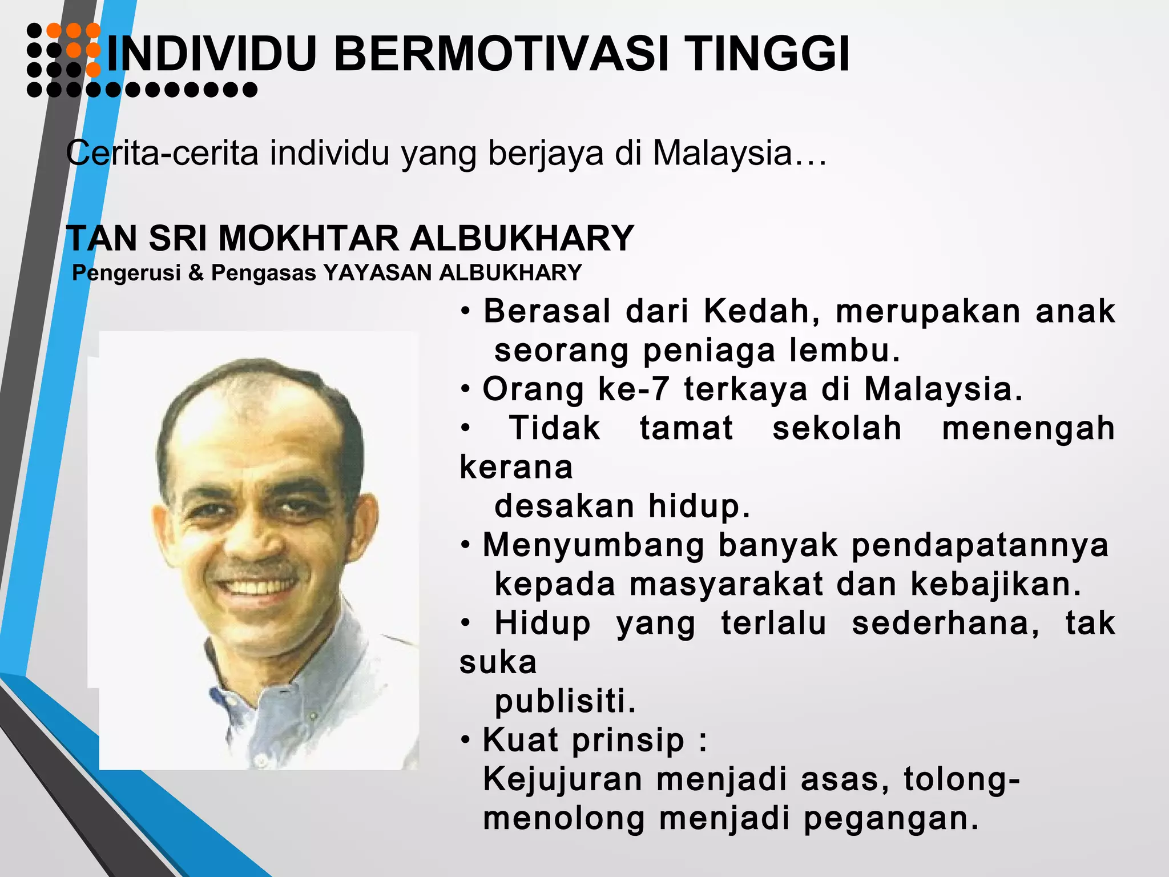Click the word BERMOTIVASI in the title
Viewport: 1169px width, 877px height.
tap(501, 54)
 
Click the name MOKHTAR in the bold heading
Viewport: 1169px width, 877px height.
tap(308, 238)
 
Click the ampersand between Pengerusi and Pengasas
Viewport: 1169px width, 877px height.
tap(196, 273)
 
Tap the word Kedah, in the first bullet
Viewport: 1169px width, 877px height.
tap(762, 312)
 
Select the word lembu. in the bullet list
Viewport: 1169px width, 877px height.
tap(845, 351)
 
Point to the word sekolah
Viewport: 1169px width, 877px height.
tap(837, 428)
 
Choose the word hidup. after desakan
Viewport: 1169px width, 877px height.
tap(699, 506)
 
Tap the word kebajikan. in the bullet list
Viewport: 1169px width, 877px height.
tap(995, 584)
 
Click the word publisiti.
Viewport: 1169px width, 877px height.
tap(565, 701)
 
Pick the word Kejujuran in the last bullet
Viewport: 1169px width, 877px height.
tap(563, 779)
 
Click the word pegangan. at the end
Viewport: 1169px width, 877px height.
tap(890, 818)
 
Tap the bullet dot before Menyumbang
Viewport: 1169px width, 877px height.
tap(466, 546)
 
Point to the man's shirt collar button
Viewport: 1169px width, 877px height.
tap(260, 762)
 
